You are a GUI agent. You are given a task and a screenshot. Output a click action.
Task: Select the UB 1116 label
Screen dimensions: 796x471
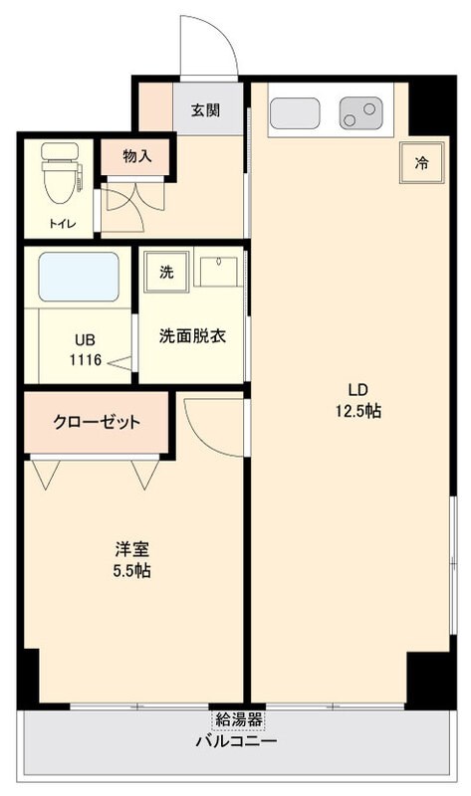coord(85,348)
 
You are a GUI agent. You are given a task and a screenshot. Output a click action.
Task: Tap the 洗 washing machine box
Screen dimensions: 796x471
coord(165,272)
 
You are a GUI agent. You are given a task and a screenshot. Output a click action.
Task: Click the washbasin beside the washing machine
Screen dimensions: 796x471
coord(215,272)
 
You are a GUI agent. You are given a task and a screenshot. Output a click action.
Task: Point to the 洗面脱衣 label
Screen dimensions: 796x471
coord(192,335)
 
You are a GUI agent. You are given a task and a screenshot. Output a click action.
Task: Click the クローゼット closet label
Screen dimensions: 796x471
coord(97,422)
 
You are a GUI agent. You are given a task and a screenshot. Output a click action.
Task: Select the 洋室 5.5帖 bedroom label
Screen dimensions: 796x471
coord(131,559)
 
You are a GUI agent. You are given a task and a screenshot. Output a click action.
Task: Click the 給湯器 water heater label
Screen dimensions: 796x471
coord(237,718)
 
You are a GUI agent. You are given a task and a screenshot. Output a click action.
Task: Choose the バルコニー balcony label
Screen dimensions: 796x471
coord(236,742)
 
